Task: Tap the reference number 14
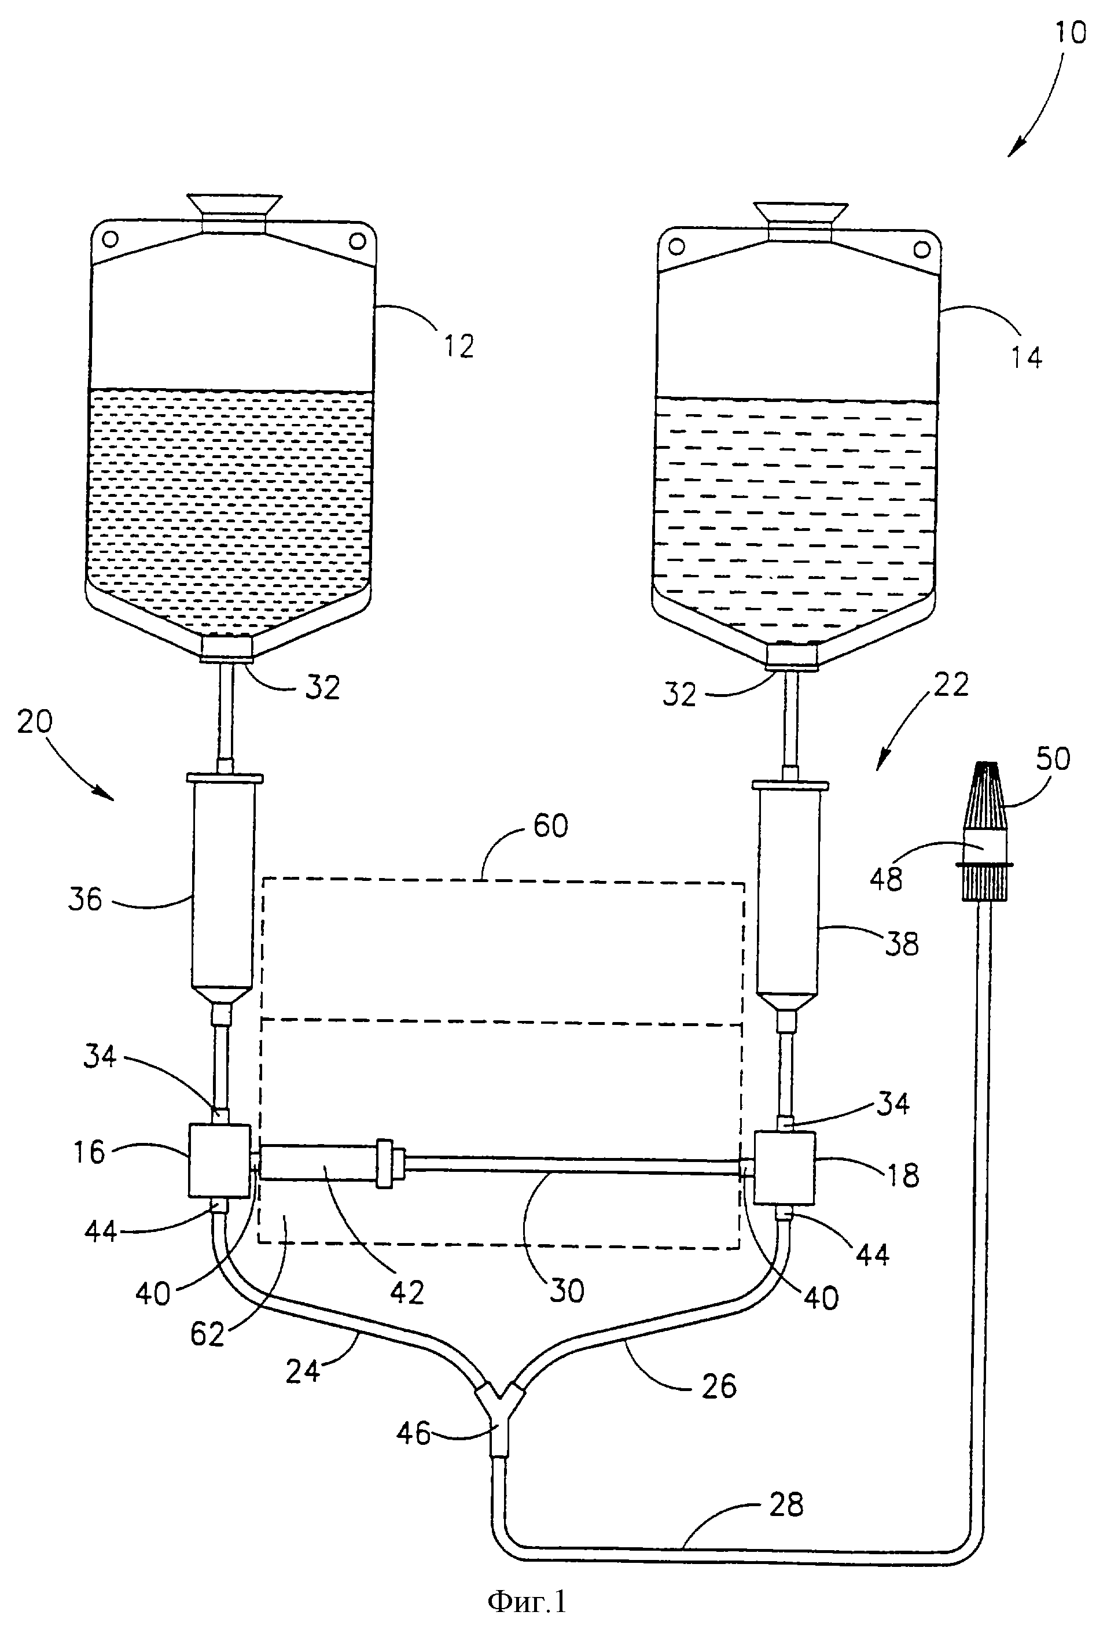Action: (1026, 358)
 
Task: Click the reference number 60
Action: (550, 825)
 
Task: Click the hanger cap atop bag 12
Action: (234, 212)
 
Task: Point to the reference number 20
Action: (35, 722)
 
